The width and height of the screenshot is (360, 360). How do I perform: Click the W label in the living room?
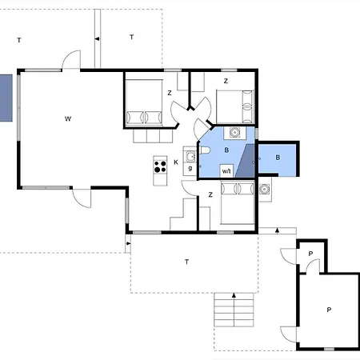pyautogui.click(x=68, y=119)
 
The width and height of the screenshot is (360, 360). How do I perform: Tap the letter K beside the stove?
pyautogui.click(x=176, y=162)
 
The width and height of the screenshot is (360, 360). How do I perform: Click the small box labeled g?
pyautogui.click(x=190, y=169)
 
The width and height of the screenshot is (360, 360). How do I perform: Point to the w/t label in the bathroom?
pyautogui.click(x=226, y=171)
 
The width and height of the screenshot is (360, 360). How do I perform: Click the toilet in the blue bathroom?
pyautogui.click(x=205, y=150)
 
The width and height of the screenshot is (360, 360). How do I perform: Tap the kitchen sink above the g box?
pyautogui.click(x=190, y=157)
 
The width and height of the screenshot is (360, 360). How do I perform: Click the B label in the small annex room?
pyautogui.click(x=278, y=158)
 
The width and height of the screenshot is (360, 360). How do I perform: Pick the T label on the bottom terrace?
pyautogui.click(x=186, y=262)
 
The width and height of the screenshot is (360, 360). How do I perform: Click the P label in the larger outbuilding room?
pyautogui.click(x=329, y=310)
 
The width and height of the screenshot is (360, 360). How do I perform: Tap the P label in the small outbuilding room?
pyautogui.click(x=310, y=254)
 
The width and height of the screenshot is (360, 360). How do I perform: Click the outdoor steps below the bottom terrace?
pyautogui.click(x=234, y=310)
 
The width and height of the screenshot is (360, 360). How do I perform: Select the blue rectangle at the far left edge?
pyautogui.click(x=6, y=98)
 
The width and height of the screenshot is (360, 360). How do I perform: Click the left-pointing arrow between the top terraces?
pyautogui.click(x=98, y=39)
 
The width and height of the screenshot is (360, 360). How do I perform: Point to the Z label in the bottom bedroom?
pyautogui.click(x=210, y=195)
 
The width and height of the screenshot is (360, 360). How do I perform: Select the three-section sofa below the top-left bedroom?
pyautogui.click(x=153, y=136)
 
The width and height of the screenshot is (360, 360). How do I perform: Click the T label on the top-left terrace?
pyautogui.click(x=19, y=40)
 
